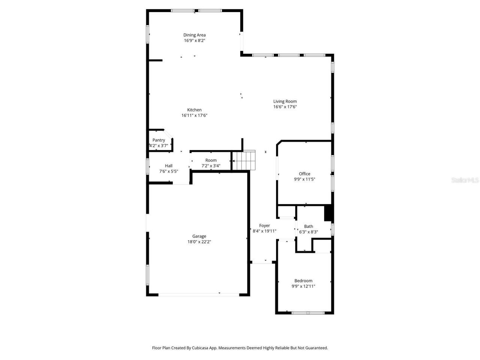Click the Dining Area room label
[x=194, y=35]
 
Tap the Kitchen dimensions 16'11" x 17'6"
[x=194, y=115]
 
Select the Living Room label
[x=285, y=101]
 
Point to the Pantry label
[x=159, y=140]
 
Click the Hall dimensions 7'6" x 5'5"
[x=168, y=171]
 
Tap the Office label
[x=304, y=174]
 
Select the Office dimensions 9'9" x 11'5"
[x=304, y=179]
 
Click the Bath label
[x=309, y=226]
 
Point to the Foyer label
[x=264, y=225]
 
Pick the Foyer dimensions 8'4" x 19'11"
[x=264, y=231]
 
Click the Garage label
[x=199, y=236]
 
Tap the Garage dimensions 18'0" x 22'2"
[x=199, y=242]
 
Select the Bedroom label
[x=303, y=280]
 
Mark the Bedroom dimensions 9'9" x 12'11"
[x=303, y=286]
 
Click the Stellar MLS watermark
[x=465, y=180]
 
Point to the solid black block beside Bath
[x=328, y=213]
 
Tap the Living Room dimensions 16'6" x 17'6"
[x=285, y=107]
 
